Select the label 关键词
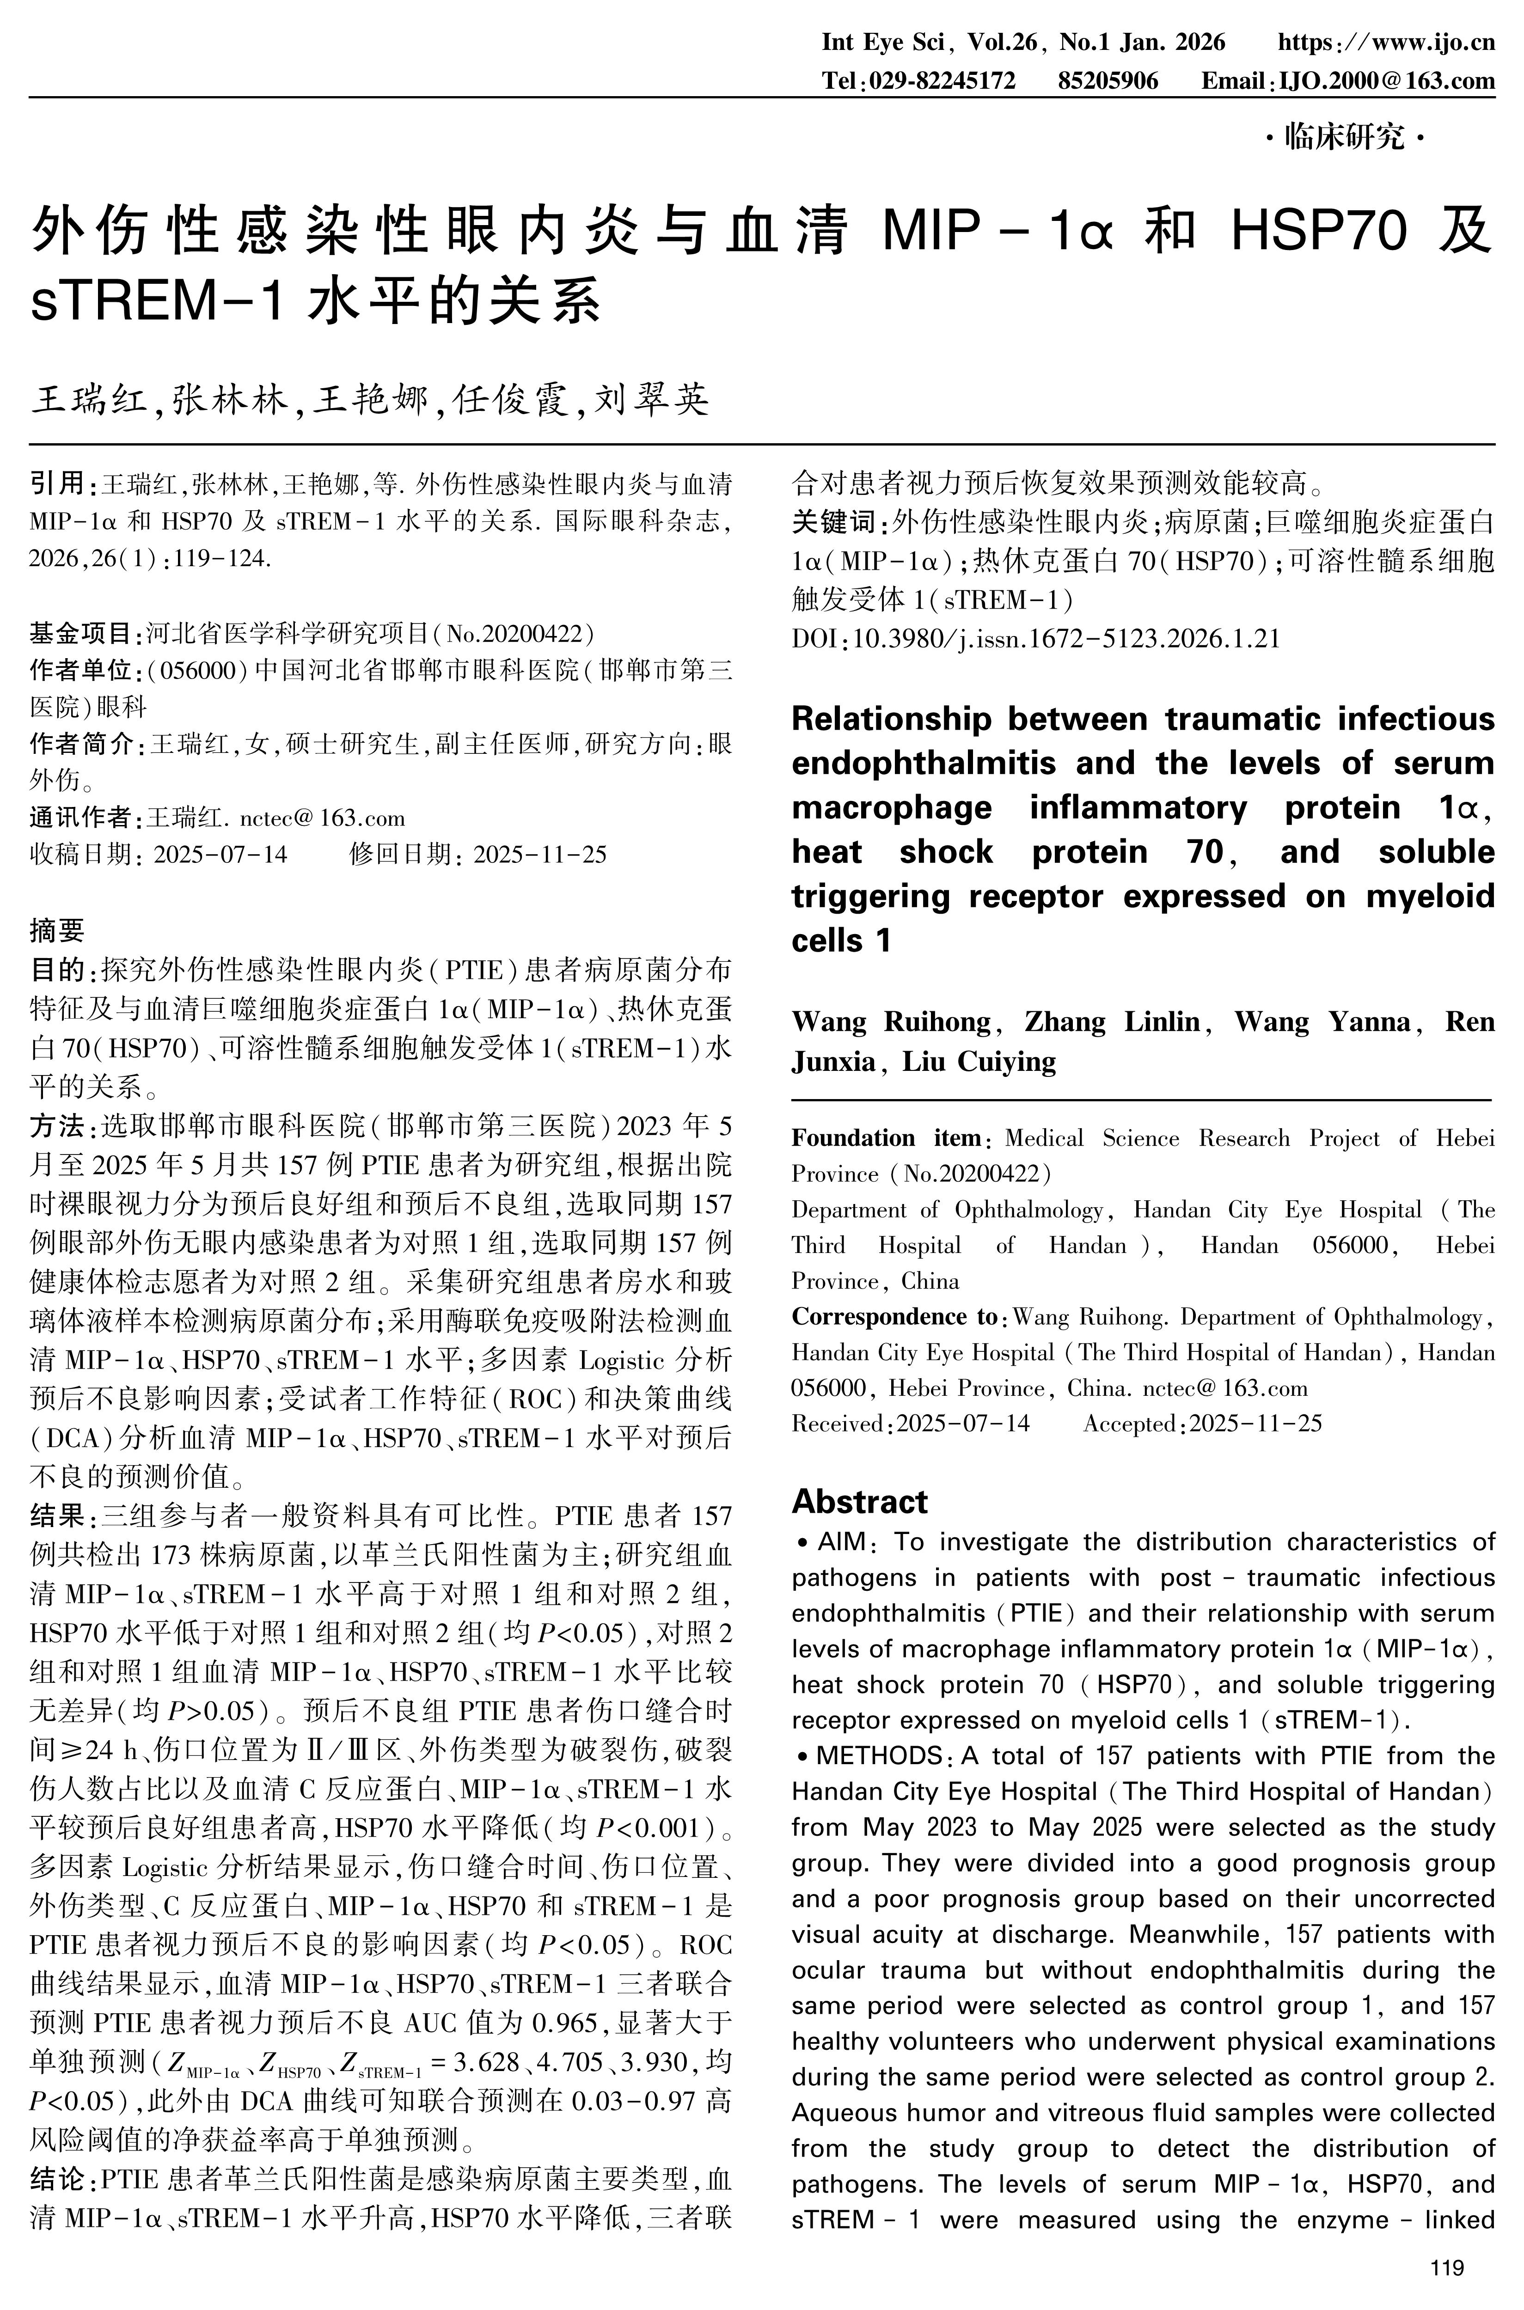(834, 523)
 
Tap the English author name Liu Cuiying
(979, 1061)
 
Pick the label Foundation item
(887, 1138)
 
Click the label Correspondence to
(894, 1317)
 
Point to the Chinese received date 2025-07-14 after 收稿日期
(220, 854)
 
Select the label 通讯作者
(81, 817)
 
